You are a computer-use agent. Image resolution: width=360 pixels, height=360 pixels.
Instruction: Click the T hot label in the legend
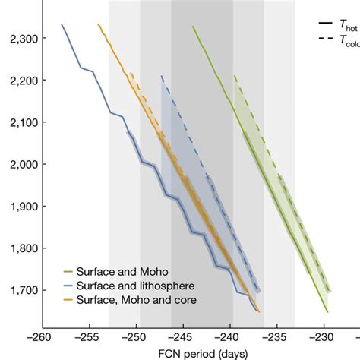pos(349,25)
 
